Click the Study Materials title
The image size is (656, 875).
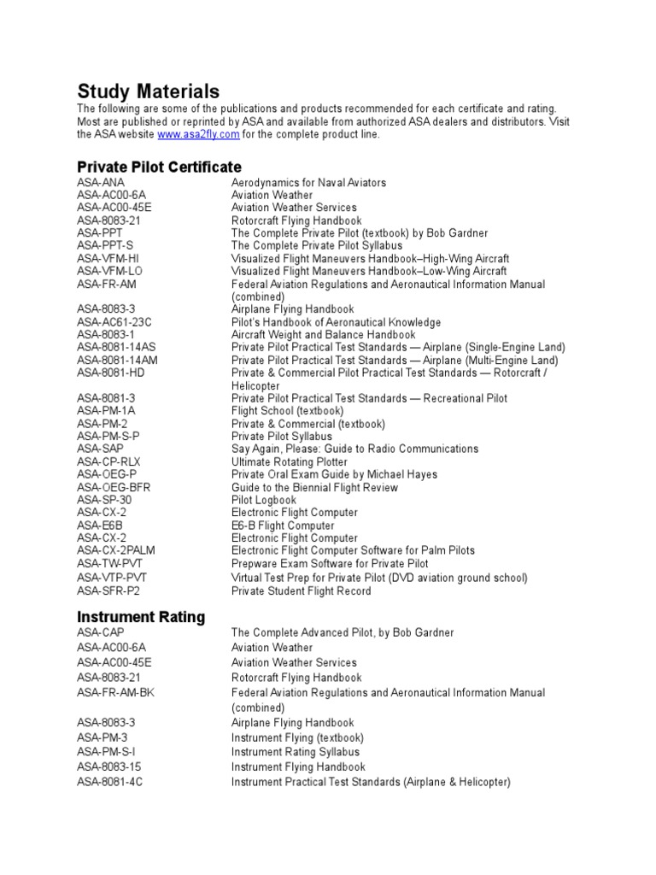click(x=149, y=91)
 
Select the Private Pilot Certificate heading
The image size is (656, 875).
click(x=160, y=167)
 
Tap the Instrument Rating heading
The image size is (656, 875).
click(x=141, y=616)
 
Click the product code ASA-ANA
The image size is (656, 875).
click(x=101, y=183)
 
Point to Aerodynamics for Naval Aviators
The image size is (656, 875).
click(x=308, y=183)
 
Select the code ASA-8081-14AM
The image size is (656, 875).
click(x=118, y=361)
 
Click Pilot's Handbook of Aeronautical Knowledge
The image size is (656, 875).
click(x=336, y=322)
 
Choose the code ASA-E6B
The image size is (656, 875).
click(x=100, y=526)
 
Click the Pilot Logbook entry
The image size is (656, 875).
click(x=264, y=500)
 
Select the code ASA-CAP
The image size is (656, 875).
click(x=101, y=632)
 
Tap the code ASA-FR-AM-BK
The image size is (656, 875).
click(x=116, y=693)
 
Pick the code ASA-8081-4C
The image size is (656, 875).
click(x=110, y=782)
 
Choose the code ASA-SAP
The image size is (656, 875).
click(x=101, y=449)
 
